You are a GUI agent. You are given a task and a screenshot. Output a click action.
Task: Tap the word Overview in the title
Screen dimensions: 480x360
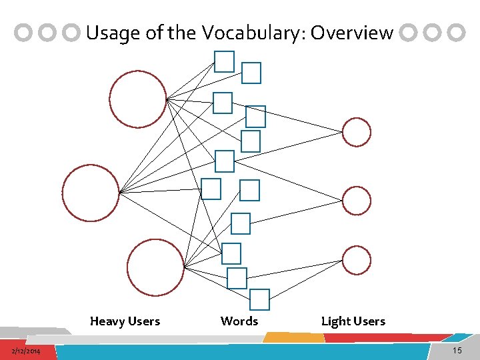click(x=352, y=33)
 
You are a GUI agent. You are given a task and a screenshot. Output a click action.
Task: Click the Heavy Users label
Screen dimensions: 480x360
click(x=125, y=321)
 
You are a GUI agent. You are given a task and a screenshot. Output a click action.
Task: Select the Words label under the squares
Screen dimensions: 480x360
click(x=239, y=321)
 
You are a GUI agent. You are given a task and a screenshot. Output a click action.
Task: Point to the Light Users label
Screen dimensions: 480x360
click(x=353, y=321)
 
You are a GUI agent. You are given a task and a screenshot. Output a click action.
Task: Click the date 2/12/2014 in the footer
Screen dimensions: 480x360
click(x=25, y=351)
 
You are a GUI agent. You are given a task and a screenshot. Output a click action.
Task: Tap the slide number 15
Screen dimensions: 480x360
click(x=457, y=351)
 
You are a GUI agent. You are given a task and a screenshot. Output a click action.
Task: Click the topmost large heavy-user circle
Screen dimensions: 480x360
click(x=138, y=99)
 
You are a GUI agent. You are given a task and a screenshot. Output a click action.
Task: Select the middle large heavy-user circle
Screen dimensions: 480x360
click(x=91, y=193)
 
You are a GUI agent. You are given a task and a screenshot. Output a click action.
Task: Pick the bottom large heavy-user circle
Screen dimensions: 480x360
click(x=155, y=267)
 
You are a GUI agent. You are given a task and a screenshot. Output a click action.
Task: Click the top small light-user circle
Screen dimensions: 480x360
click(x=357, y=132)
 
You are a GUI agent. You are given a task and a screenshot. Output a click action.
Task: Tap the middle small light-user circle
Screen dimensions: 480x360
click(x=357, y=201)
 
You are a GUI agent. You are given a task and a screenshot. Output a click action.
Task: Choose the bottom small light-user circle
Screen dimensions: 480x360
click(x=357, y=260)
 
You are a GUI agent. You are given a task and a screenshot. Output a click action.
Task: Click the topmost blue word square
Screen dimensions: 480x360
click(x=225, y=61)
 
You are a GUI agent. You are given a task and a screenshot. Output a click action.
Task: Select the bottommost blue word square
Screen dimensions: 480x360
click(x=259, y=299)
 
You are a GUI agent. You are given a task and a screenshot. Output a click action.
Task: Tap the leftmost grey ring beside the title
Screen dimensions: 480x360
click(x=25, y=33)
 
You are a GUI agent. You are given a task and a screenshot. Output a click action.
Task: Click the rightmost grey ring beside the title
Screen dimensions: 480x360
click(x=457, y=33)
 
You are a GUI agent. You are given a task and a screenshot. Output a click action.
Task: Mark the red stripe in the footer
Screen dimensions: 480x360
click(x=387, y=338)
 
